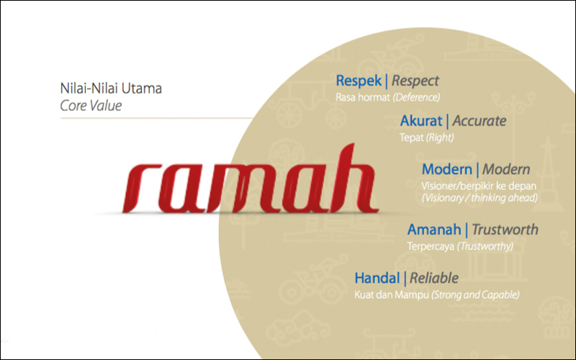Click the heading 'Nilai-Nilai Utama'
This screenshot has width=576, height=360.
click(111, 89)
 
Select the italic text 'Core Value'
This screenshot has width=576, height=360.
click(91, 106)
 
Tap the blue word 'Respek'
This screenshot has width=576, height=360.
click(359, 81)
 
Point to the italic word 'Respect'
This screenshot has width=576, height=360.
click(415, 81)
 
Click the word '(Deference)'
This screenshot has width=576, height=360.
click(416, 97)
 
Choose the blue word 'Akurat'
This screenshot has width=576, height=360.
click(421, 121)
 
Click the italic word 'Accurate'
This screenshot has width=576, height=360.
click(480, 121)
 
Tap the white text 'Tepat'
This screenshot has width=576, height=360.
click(411, 138)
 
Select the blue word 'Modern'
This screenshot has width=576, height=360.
click(446, 169)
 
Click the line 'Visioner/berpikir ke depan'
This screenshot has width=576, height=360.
click(479, 186)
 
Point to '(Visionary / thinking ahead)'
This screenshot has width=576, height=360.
click(480, 198)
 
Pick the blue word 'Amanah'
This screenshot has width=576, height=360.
click(434, 230)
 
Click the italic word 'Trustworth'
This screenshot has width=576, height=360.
click(505, 230)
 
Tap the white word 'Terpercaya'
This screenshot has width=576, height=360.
click(431, 246)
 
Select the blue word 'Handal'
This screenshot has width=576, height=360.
click(377, 278)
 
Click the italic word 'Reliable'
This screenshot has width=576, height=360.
click(434, 278)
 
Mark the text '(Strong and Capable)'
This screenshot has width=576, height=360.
click(475, 294)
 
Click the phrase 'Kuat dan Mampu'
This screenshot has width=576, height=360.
click(392, 294)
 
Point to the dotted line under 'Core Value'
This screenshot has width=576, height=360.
click(156, 118)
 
